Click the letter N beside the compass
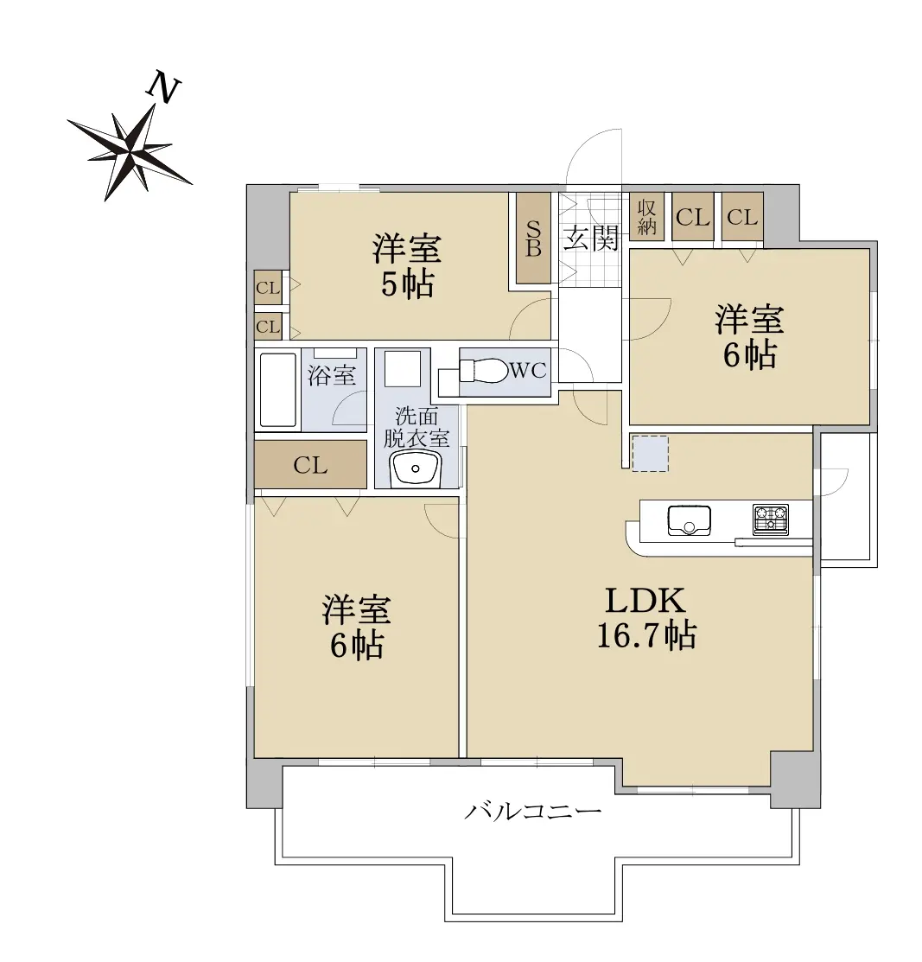point(163,87)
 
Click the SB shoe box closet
point(533,238)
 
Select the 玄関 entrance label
point(590,238)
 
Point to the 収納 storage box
point(646,217)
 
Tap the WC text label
point(528,370)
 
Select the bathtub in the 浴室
point(278,390)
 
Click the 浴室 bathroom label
point(332,375)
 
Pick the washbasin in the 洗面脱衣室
point(416,468)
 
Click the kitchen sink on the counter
point(689,520)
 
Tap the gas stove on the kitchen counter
point(771,519)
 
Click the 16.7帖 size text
point(646,635)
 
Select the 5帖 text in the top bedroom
point(407,284)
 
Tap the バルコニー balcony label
point(532,812)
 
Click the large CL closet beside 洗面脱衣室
point(310,464)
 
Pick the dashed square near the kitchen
point(650,454)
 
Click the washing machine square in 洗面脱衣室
point(402,369)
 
